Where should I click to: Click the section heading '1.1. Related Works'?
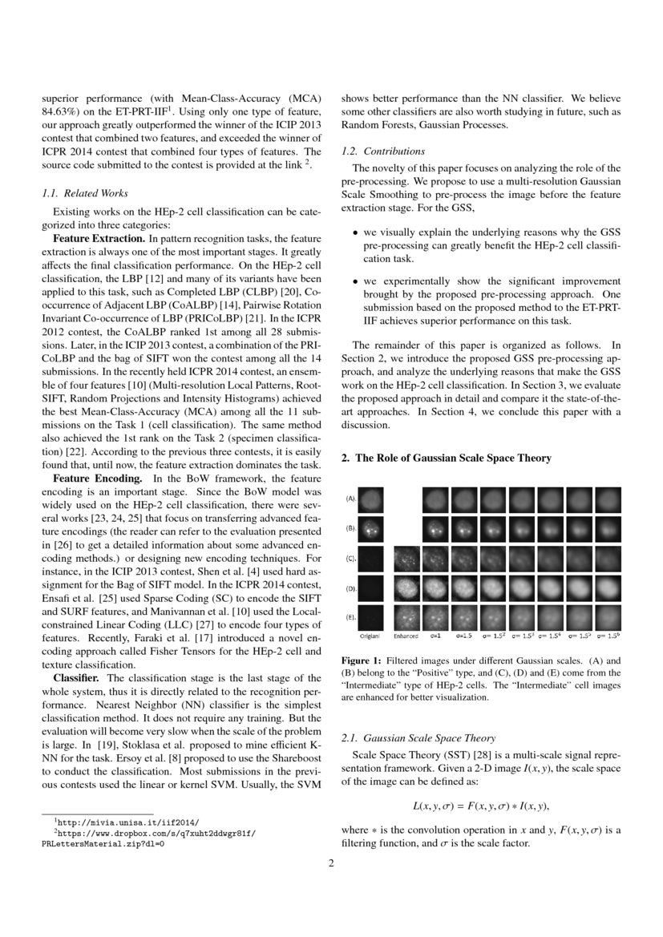click(84, 193)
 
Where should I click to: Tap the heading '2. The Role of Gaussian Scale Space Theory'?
click(447, 458)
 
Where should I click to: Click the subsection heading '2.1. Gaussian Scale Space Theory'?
click(418, 737)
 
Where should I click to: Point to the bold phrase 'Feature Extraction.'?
click(99, 239)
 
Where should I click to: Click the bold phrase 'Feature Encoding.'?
click(97, 479)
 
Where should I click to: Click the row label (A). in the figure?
click(350, 499)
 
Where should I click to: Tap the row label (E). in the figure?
click(350, 617)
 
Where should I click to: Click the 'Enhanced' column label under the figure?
click(406, 635)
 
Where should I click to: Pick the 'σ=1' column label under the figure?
click(436, 635)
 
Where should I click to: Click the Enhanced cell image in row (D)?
click(406, 588)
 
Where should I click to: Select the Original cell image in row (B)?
click(370, 529)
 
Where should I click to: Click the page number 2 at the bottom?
click(331, 863)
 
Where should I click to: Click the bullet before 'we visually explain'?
click(356, 232)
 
